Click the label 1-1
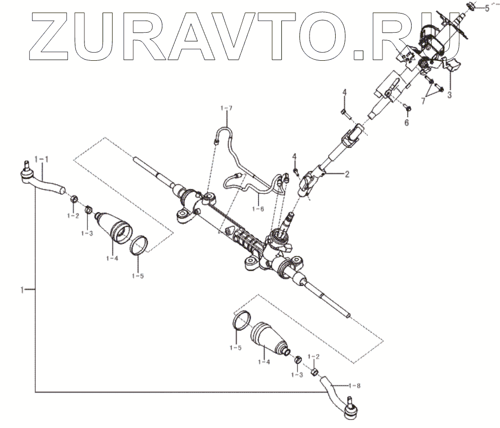pyautogui.click(x=41, y=159)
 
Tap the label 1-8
pyautogui.click(x=355, y=385)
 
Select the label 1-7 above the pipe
pyautogui.click(x=227, y=109)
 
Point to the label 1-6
pyautogui.click(x=257, y=209)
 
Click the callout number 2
pyautogui.click(x=346, y=174)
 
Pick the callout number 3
pyautogui.click(x=450, y=93)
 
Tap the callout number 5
pyautogui.click(x=486, y=8)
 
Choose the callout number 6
pyautogui.click(x=407, y=122)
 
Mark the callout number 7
pyautogui.click(x=423, y=101)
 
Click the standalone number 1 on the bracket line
pyautogui.click(x=22, y=290)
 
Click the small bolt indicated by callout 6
pyautogui.click(x=408, y=108)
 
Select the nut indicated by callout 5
pyautogui.click(x=471, y=7)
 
